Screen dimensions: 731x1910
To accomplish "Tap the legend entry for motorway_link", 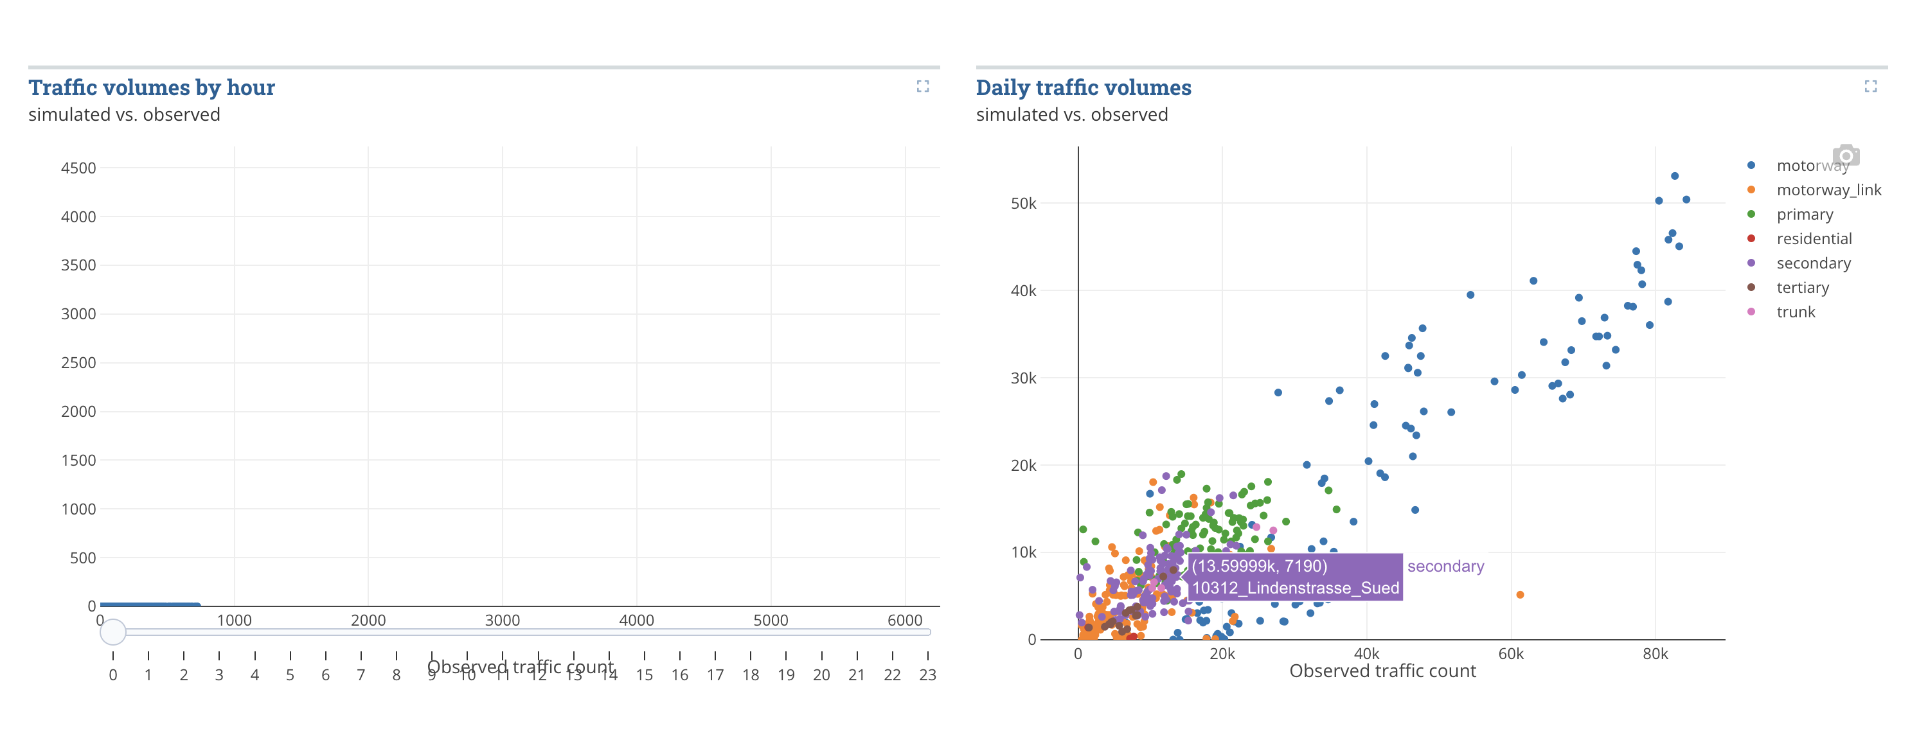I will pyautogui.click(x=1828, y=189).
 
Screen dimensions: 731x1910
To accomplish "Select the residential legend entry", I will pyautogui.click(x=1813, y=239).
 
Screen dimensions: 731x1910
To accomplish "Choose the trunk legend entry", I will pyautogui.click(x=1795, y=312).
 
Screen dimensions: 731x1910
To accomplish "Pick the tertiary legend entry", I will pyautogui.click(x=1802, y=288).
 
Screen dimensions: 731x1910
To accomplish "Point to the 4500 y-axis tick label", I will pyautogui.click(x=78, y=168).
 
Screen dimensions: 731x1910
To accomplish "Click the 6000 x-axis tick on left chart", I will pyautogui.click(x=905, y=620).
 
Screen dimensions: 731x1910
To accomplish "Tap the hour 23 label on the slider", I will pyautogui.click(x=927, y=674).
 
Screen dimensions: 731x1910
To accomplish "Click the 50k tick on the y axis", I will pyautogui.click(x=1023, y=203).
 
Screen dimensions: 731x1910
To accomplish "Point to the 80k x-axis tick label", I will pyautogui.click(x=1655, y=654).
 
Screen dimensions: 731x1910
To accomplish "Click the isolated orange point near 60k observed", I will pyautogui.click(x=1520, y=595).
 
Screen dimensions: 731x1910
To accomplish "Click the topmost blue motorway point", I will pyautogui.click(x=1674, y=177).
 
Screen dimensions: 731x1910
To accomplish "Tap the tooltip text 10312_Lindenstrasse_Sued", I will pyautogui.click(x=1294, y=588).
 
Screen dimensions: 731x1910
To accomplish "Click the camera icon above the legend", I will pyautogui.click(x=1846, y=155).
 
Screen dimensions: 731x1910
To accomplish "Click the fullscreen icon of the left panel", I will pyautogui.click(x=922, y=87).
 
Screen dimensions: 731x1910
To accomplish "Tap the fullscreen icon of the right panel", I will pyautogui.click(x=1871, y=87).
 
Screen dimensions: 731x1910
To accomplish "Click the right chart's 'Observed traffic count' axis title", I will pyautogui.click(x=1382, y=671).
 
